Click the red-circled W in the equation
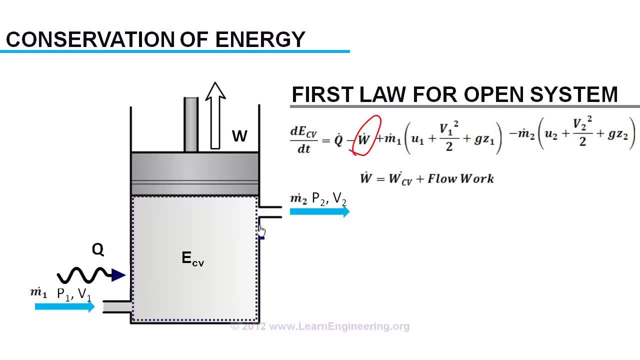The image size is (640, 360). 364,138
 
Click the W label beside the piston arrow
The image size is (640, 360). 239,136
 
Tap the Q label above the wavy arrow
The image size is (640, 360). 97,249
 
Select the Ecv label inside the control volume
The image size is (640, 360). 192,258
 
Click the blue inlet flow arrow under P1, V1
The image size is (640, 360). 64,306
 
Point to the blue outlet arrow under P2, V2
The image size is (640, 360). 319,211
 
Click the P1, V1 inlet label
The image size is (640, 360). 74,294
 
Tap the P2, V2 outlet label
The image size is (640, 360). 329,199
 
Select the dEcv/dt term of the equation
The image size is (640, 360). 303,139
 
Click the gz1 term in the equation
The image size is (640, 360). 483,139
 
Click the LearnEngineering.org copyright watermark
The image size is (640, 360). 320,326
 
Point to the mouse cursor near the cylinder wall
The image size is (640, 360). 261,230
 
